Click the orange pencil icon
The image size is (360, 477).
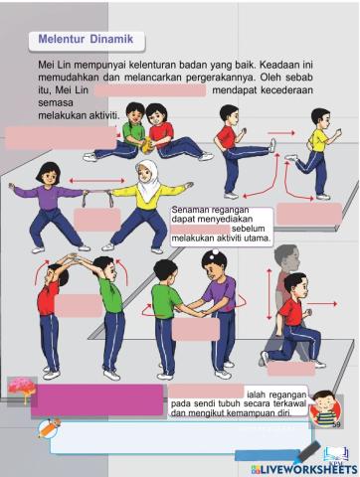pos(48,427)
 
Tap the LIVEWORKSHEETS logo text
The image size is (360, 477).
pos(298,465)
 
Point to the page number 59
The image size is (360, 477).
pos(336,424)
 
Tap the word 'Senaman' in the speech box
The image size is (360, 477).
pos(190,211)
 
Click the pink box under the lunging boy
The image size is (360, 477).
pos(290,369)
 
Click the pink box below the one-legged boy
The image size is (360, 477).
pos(308,213)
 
